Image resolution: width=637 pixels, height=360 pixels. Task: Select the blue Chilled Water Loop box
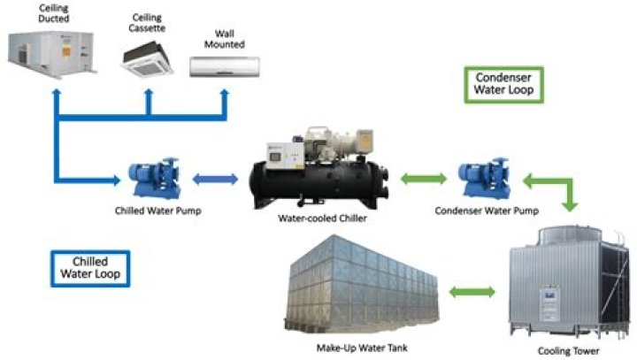(89, 266)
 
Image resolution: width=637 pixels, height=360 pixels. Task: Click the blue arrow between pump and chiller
(216, 179)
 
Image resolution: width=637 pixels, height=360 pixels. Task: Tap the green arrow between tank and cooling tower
(474, 291)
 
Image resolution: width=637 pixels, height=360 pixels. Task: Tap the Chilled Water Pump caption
(151, 211)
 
